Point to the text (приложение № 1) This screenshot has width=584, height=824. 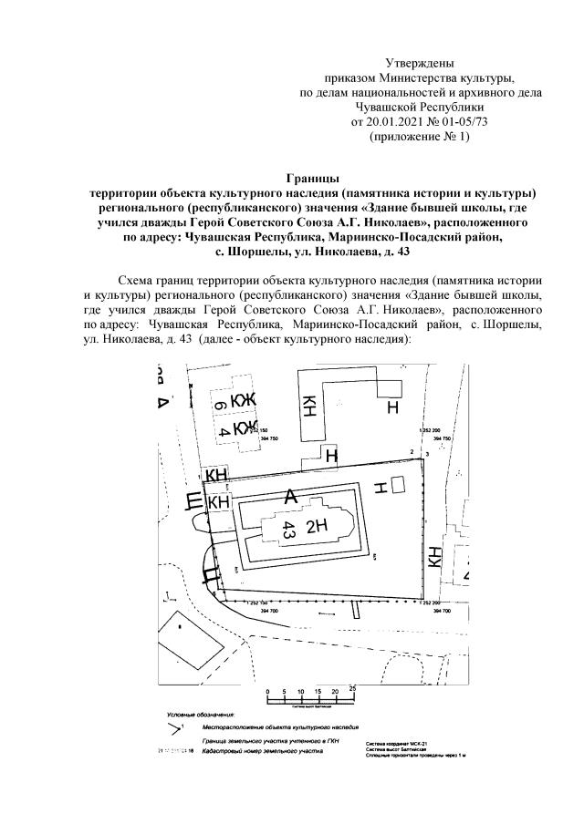420,136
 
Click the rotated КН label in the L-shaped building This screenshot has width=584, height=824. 310,407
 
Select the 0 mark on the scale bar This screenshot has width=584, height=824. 268,693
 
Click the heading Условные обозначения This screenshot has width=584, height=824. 200,715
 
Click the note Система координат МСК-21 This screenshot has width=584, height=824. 393,745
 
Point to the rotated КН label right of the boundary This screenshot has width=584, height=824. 436,557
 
